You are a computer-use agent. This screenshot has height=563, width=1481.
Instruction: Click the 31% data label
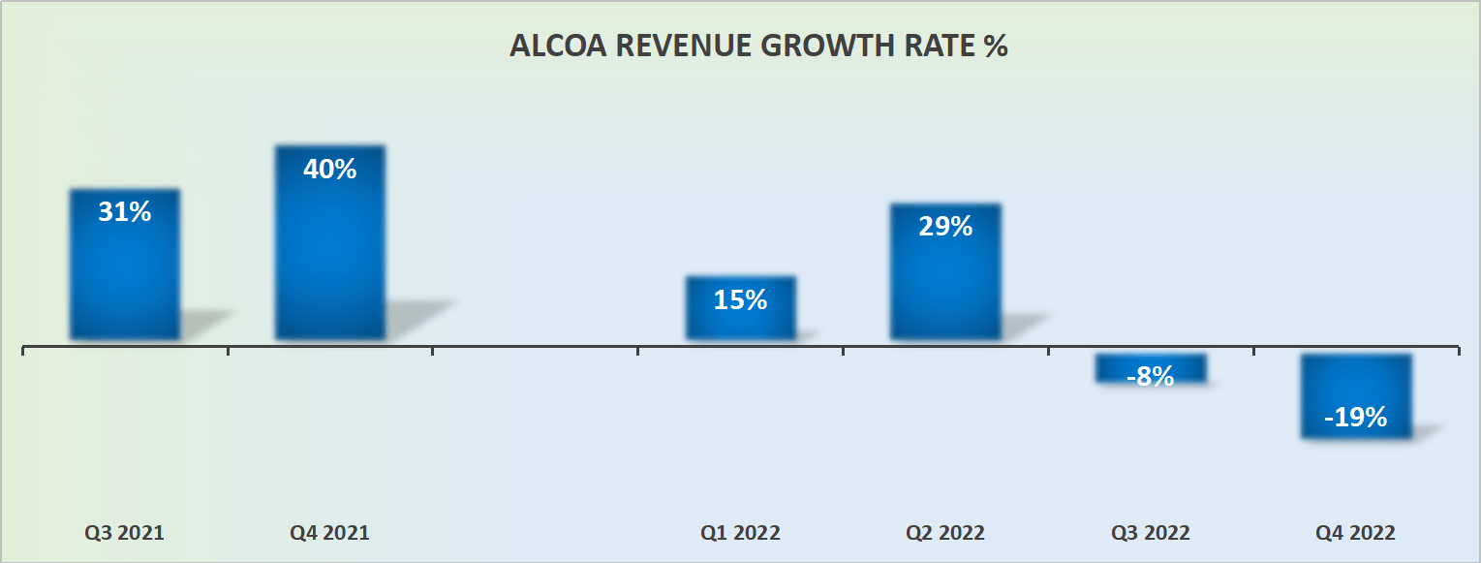pos(125,212)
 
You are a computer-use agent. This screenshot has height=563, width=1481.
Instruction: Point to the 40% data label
pos(330,170)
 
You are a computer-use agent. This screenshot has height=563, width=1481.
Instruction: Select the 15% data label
pos(741,300)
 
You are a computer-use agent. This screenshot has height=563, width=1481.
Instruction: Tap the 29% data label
pos(946,227)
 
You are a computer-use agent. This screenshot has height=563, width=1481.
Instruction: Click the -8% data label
pos(1151,376)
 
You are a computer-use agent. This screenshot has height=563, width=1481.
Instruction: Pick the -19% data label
pos(1356,418)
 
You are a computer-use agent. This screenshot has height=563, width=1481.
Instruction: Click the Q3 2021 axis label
pos(124,533)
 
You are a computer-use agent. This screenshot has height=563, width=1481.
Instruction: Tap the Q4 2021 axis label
pos(329,533)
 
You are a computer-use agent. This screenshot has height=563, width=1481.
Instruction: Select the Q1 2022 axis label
pos(740,533)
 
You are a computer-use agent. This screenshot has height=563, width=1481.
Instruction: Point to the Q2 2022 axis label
pos(945,533)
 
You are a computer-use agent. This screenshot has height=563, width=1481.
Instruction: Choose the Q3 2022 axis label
pos(1151,533)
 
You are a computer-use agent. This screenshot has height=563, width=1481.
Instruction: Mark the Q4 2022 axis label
pos(1355,533)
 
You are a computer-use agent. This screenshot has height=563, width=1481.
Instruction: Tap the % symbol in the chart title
pos(996,47)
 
